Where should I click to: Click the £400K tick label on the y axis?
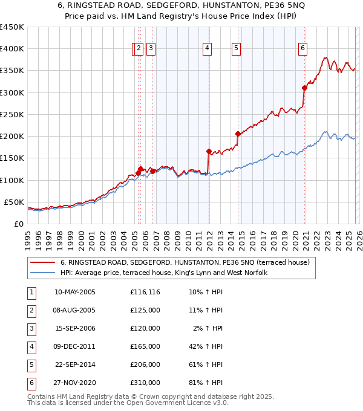click(x=12, y=49)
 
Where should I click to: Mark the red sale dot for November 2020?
click(x=304, y=88)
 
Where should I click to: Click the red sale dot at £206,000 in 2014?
click(x=238, y=134)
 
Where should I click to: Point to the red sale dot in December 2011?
click(x=209, y=152)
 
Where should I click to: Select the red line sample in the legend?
click(x=42, y=262)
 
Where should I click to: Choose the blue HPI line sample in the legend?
click(x=42, y=273)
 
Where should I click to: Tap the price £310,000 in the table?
click(x=145, y=383)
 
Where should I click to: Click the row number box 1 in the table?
click(x=31, y=293)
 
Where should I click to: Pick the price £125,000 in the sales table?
click(x=145, y=310)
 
